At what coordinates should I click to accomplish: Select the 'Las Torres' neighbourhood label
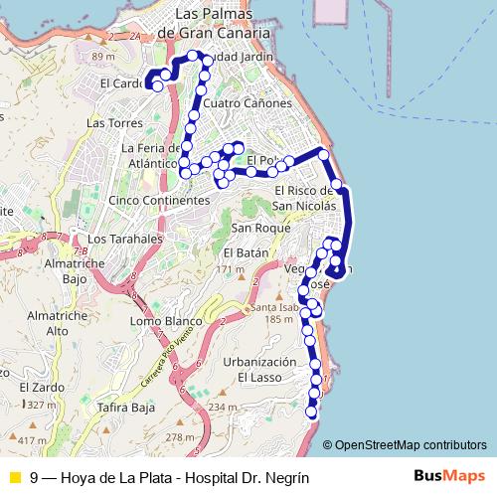[109, 123]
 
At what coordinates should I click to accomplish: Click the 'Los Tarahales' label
[124, 240]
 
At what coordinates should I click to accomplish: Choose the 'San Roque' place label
[260, 228]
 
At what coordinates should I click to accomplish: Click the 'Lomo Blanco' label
[166, 322]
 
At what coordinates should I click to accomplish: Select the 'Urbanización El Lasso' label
[260, 370]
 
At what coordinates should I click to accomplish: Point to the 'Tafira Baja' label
[130, 408]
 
